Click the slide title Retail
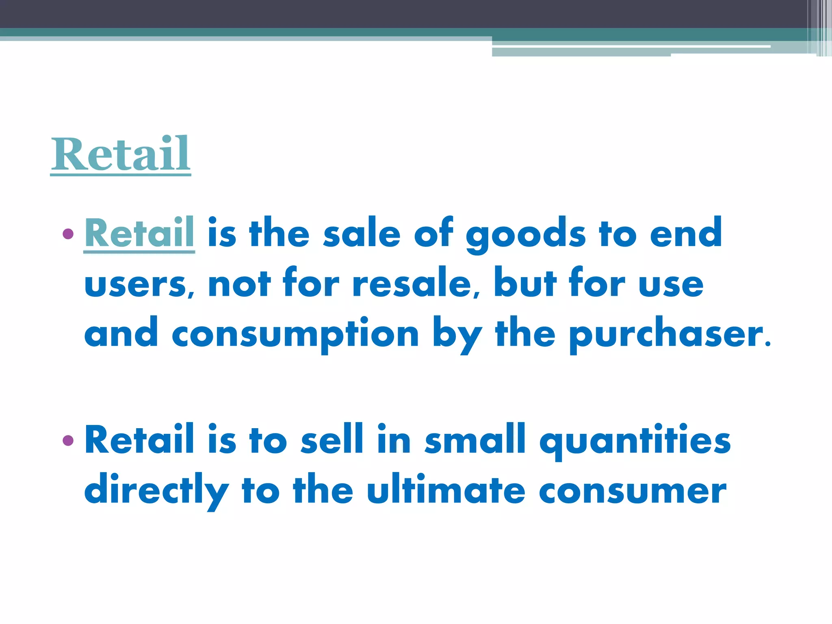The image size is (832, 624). tap(121, 154)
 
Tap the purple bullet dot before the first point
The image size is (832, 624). tap(68, 234)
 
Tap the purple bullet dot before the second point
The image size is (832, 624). tap(68, 440)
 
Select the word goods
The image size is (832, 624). tap(526, 235)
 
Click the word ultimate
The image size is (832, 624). tap(446, 489)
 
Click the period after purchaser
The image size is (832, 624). tap(767, 344)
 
